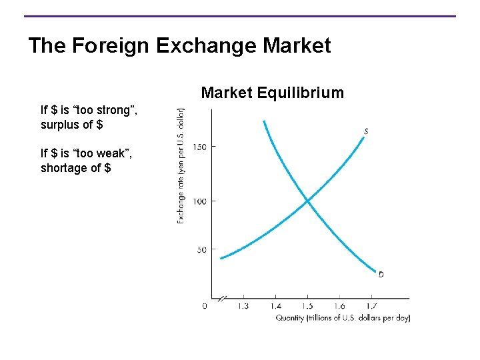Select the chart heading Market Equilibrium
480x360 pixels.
(x=273, y=93)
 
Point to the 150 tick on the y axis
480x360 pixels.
(x=200, y=147)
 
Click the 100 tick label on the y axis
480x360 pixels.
(x=200, y=201)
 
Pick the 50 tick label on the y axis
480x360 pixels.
(x=202, y=250)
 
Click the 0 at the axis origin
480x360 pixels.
(x=204, y=306)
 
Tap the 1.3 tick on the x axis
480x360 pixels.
(x=242, y=306)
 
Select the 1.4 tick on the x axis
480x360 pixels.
(x=275, y=306)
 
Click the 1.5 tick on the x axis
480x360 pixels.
(x=307, y=306)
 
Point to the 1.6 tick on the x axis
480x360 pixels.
(x=339, y=306)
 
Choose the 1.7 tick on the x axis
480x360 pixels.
(x=372, y=306)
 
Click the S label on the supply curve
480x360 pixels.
(x=366, y=131)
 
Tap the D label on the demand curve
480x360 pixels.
(x=381, y=274)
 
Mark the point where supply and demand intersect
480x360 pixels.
(x=307, y=200)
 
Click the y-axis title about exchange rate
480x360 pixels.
(x=181, y=166)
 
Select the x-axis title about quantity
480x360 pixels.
(x=343, y=318)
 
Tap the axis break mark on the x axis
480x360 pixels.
(x=223, y=299)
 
